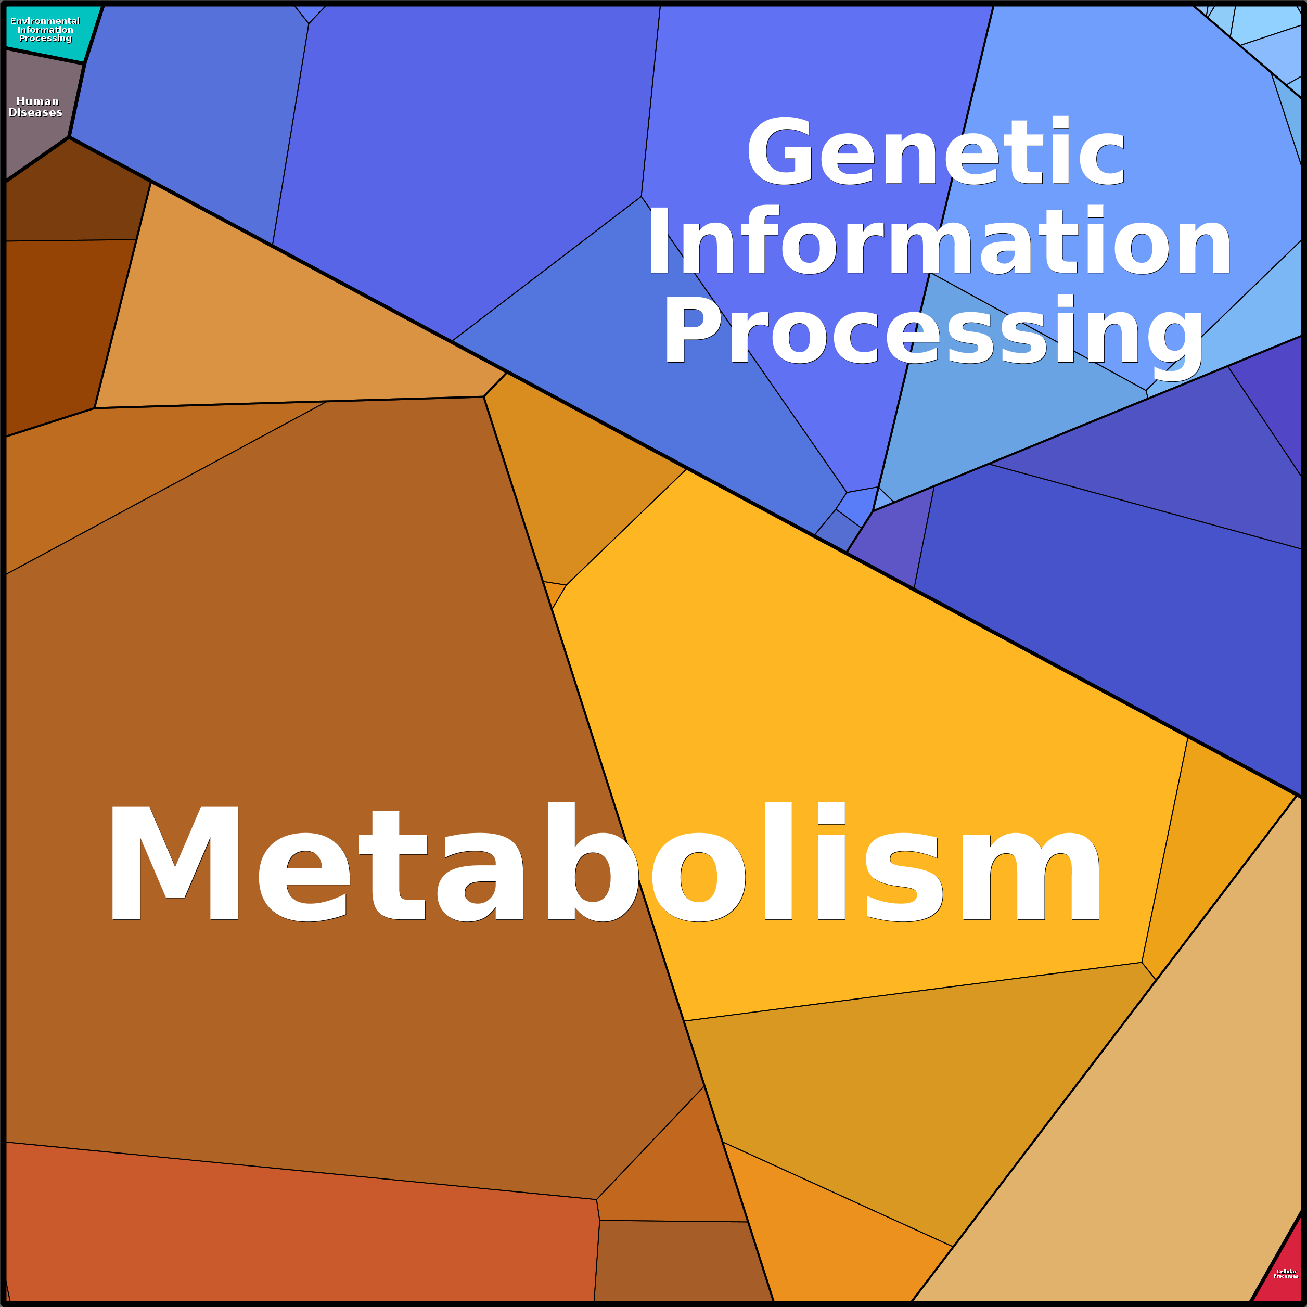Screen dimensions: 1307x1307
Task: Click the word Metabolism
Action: tap(602, 863)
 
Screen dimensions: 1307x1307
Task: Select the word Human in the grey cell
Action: tap(37, 101)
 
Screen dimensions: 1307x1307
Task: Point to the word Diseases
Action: tap(35, 113)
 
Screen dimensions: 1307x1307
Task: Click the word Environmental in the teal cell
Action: tap(45, 21)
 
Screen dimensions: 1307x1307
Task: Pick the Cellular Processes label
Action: tap(1285, 1274)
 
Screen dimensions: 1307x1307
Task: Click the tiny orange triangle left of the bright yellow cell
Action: tap(554, 593)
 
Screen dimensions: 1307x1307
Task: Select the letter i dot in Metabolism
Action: tap(831, 813)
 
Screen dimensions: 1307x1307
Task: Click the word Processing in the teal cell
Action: tap(45, 39)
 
